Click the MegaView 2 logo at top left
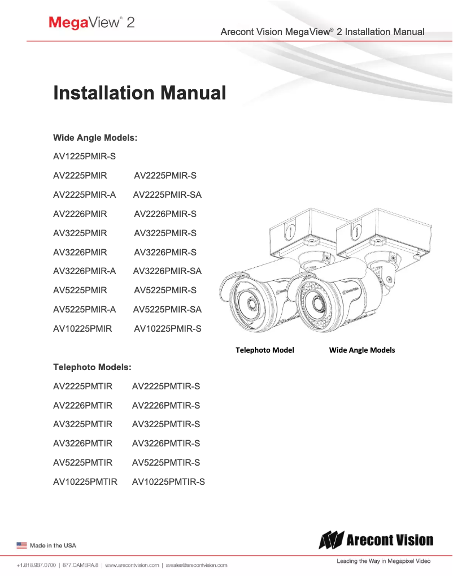pyautogui.click(x=91, y=23)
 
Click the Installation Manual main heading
pyautogui.click(x=140, y=93)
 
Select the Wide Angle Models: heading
pyautogui.click(x=95, y=137)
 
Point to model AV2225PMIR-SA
pyautogui.click(x=167, y=195)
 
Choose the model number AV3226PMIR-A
pyautogui.click(x=84, y=271)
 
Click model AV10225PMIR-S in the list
pyautogui.click(x=167, y=328)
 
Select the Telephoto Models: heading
pyautogui.click(x=92, y=367)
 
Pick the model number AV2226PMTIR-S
pyautogui.click(x=165, y=406)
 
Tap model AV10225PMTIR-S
pyautogui.click(x=168, y=482)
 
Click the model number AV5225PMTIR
pyautogui.click(x=82, y=463)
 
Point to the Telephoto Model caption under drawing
pyautogui.click(x=264, y=350)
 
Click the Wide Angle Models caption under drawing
pyautogui.click(x=362, y=350)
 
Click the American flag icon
pyautogui.click(x=21, y=545)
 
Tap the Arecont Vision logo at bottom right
pyautogui.click(x=376, y=541)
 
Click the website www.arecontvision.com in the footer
pyautogui.click(x=132, y=565)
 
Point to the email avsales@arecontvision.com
pyautogui.click(x=197, y=565)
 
